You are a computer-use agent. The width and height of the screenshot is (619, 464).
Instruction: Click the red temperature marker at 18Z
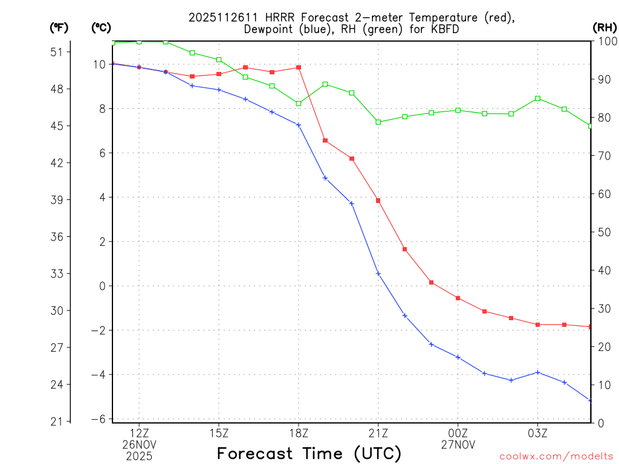(x=299, y=67)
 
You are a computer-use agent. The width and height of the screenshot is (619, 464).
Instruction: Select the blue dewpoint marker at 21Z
(x=378, y=274)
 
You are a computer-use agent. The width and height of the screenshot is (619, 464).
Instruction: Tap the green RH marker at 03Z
(x=538, y=98)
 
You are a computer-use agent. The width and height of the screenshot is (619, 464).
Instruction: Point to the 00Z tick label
(x=458, y=433)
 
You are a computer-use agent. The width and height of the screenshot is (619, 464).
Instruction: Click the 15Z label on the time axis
(x=219, y=433)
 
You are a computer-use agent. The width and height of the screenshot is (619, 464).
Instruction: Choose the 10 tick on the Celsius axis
(x=100, y=64)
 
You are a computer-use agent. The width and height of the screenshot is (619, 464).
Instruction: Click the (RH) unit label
(x=604, y=27)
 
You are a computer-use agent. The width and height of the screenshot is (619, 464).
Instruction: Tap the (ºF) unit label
(x=59, y=27)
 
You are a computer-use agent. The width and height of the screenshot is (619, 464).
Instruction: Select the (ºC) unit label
(x=100, y=27)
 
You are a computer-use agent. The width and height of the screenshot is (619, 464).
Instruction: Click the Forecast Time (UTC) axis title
(x=309, y=453)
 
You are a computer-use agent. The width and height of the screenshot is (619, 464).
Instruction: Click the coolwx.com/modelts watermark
(x=556, y=456)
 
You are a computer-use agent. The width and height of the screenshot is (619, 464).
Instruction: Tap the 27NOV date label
(x=458, y=444)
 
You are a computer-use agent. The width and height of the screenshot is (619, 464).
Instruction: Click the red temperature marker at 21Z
(x=378, y=201)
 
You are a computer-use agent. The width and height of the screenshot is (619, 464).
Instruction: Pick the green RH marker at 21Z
(x=378, y=122)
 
